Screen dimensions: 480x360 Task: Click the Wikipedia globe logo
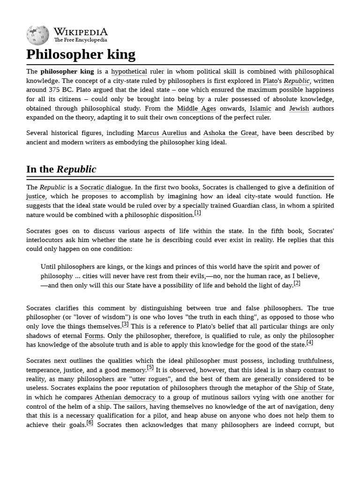click(37, 35)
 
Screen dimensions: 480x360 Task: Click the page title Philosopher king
click(81, 54)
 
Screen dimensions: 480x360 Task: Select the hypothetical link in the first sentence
click(129, 72)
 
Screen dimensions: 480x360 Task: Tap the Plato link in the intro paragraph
click(270, 81)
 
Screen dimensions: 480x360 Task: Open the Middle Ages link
click(196, 108)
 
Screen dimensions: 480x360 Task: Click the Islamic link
click(260, 108)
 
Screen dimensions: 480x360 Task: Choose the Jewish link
click(299, 108)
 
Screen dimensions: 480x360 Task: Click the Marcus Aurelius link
click(162, 133)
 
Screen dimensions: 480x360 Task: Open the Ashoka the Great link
click(230, 133)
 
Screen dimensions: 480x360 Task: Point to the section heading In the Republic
click(61, 169)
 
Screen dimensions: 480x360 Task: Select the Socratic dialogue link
click(105, 187)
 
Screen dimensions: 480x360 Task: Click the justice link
click(36, 196)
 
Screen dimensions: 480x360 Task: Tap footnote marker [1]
click(197, 213)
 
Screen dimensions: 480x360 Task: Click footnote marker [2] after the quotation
click(297, 283)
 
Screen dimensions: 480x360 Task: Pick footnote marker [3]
click(125, 324)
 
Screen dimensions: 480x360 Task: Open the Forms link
click(94, 336)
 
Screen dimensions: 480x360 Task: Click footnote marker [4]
click(309, 343)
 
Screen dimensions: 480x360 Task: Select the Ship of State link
click(313, 388)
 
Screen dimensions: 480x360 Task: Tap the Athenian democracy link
click(125, 397)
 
